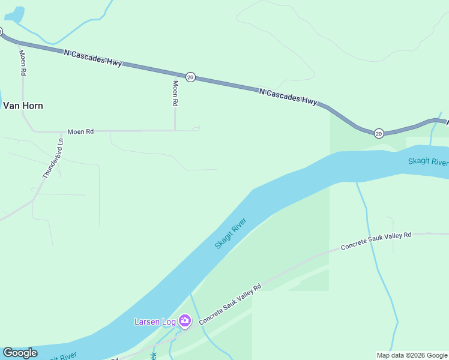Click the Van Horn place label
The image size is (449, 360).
click(x=23, y=106)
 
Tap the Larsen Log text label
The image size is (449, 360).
click(x=155, y=322)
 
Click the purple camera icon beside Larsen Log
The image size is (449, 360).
click(x=185, y=321)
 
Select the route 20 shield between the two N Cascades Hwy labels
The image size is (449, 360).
click(x=190, y=77)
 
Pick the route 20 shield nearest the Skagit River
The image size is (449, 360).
click(x=378, y=133)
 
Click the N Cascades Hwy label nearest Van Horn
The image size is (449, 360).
click(x=92, y=58)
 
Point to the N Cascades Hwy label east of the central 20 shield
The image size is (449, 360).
click(x=288, y=97)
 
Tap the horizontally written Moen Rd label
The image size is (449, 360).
click(x=80, y=131)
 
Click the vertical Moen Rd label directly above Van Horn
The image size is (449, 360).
click(x=23, y=62)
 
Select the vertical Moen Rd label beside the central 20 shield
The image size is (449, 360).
click(x=175, y=93)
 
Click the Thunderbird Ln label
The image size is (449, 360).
click(x=53, y=158)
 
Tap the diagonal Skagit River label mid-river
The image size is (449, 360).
click(x=231, y=234)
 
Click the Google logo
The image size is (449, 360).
click(x=20, y=352)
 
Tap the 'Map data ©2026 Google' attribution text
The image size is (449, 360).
click(x=412, y=355)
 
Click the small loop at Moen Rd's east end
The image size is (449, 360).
click(x=195, y=128)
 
